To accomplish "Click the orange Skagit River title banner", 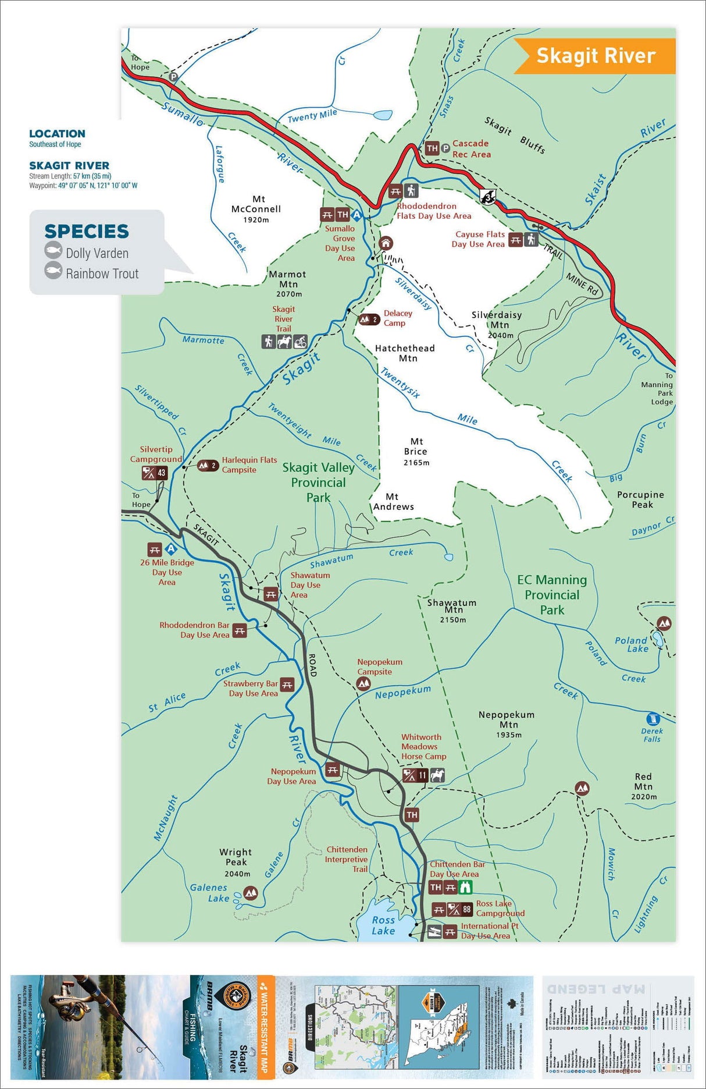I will coord(596,56).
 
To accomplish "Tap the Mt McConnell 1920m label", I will coord(256,209).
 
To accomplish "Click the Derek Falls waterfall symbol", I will coord(652,719).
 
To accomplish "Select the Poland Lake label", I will coord(631,644).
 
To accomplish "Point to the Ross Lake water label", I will coord(383,925).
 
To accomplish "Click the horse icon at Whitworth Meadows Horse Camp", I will coord(437,775).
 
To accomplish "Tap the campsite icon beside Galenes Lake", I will coord(251,892).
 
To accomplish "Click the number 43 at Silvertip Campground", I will coord(162,473).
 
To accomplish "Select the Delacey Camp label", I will coord(397,318).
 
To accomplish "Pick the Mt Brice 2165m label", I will coord(416,452).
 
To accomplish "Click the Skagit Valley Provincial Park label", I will coord(318,482).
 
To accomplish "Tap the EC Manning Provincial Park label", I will coord(552,594).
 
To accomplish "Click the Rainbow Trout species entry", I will coord(102,274).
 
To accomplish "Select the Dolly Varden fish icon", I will coord(54,251).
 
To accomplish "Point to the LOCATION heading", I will coord(57,134).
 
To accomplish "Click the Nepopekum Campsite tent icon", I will coord(363,684).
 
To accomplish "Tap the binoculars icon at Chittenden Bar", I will coord(465,887).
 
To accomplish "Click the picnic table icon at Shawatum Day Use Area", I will coord(270,594).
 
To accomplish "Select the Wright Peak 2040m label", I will coord(236,862).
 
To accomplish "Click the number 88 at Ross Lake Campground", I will coord(466,909).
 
